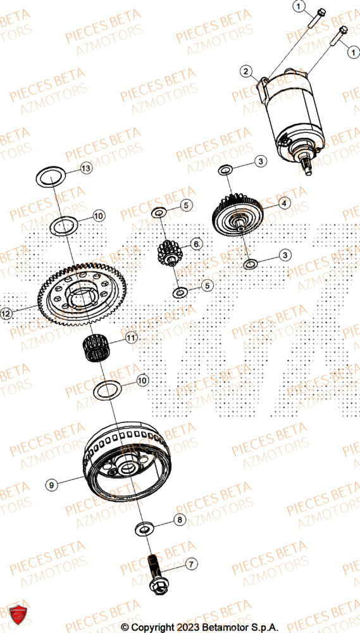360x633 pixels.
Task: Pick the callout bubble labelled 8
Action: click(180, 520)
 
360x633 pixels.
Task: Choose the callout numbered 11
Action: click(131, 338)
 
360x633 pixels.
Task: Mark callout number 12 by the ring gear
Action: click(6, 313)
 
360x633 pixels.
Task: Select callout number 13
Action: click(86, 168)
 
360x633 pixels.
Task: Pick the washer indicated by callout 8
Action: click(145, 527)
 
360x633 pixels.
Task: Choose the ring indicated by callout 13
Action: click(51, 176)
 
